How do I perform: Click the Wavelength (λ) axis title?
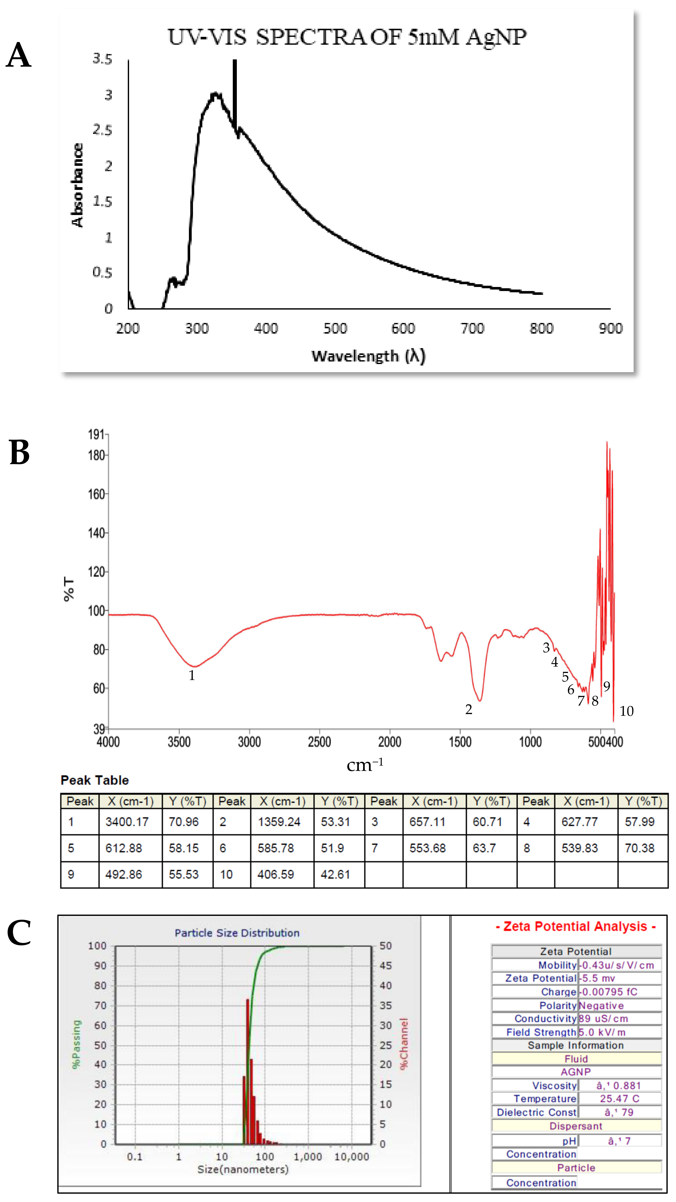pyautogui.click(x=368, y=357)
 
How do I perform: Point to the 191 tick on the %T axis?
pyautogui.click(x=96, y=435)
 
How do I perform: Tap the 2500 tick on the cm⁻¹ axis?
pyautogui.click(x=319, y=742)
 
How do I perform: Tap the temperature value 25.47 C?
pyautogui.click(x=619, y=1098)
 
